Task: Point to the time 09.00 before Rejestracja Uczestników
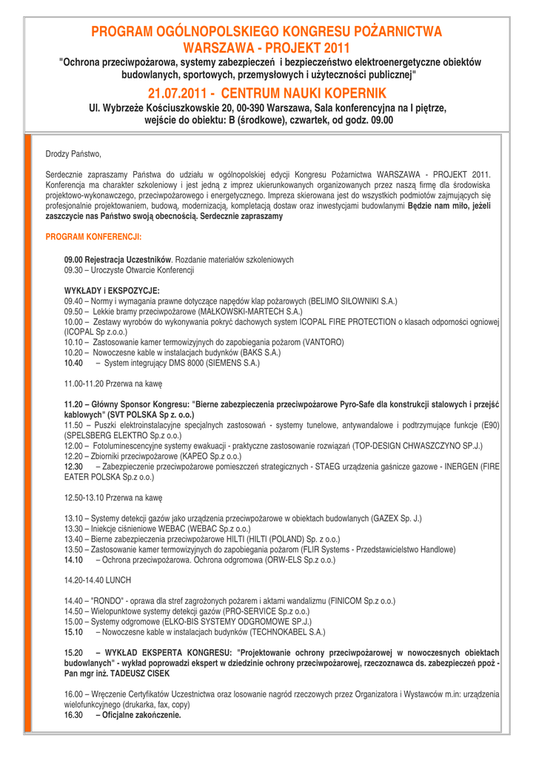pos(76,260)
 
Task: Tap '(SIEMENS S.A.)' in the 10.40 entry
pos(230,363)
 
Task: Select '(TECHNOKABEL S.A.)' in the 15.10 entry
pos(287,634)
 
